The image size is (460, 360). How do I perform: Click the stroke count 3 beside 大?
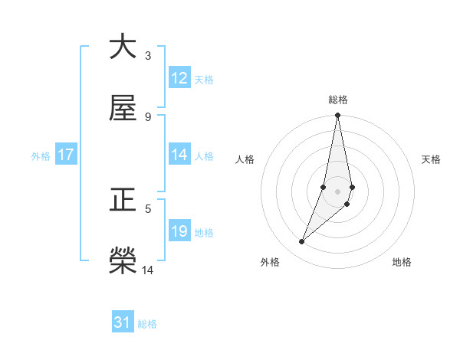pos(148,56)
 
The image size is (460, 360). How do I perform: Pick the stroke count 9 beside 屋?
pos(148,117)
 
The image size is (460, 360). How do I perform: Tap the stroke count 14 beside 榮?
pos(148,270)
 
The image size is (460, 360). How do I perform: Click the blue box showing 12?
pos(179,78)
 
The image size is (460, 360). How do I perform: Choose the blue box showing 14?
pos(179,155)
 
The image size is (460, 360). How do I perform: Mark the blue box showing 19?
pos(179,231)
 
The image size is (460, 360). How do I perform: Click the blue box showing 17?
pos(66,155)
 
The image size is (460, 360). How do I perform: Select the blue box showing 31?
pos(123,323)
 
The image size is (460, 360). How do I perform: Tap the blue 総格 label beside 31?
pos(147,324)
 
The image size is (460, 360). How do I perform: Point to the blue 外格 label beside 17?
pos(41,155)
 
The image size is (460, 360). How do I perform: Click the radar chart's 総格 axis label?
pos(338,100)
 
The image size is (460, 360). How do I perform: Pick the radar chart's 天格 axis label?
pos(432,159)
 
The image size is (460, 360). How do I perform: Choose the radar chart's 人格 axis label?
pos(245,159)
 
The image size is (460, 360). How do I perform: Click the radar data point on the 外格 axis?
pos(302,242)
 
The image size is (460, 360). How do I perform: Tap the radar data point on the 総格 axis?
pos(338,116)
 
